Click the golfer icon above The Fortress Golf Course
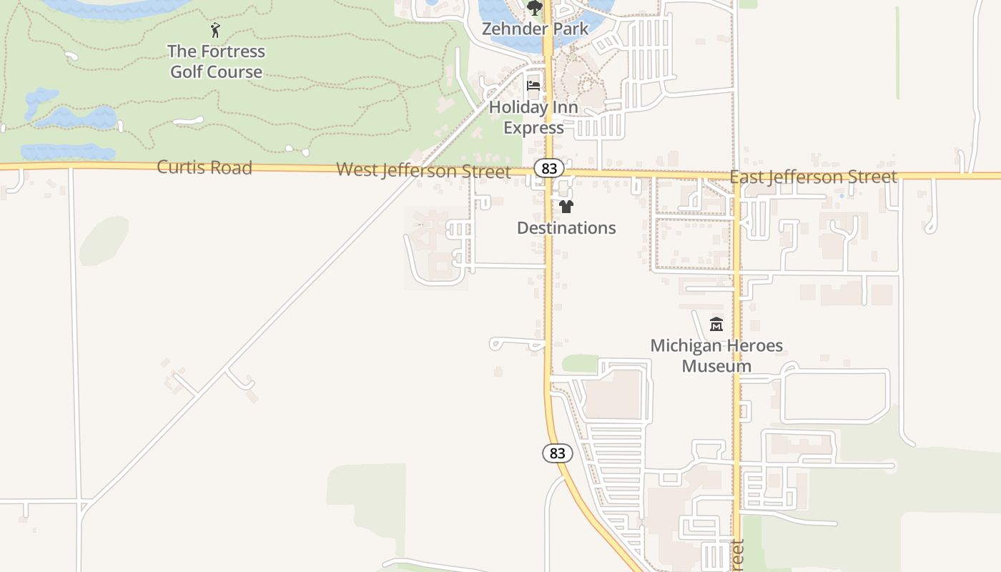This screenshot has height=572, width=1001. [215, 30]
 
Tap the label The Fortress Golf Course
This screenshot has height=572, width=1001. [216, 61]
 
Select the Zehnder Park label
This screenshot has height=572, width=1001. [535, 29]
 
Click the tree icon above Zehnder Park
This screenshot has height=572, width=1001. [534, 9]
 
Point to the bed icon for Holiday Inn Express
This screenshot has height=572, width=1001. [533, 86]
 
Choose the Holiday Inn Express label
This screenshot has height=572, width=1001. [533, 117]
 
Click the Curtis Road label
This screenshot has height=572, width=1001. [204, 167]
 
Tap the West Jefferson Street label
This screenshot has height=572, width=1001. [423, 170]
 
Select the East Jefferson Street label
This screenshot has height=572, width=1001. [813, 177]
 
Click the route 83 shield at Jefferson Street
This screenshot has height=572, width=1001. [549, 168]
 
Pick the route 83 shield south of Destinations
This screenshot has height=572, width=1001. [558, 453]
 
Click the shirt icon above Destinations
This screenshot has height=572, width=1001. [566, 207]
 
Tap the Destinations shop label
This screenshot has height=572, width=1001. [566, 228]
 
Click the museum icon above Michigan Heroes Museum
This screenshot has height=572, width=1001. [716, 325]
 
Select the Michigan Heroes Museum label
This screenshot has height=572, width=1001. [716, 355]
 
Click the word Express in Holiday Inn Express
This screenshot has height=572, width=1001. [533, 128]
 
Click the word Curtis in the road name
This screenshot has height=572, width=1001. [179, 167]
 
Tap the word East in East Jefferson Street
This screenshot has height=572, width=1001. [746, 177]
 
